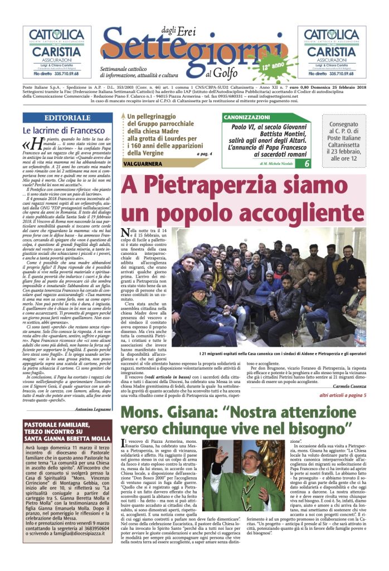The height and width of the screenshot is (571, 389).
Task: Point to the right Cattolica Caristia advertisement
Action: click(332, 52)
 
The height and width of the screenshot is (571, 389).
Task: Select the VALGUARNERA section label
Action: click(142, 164)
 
